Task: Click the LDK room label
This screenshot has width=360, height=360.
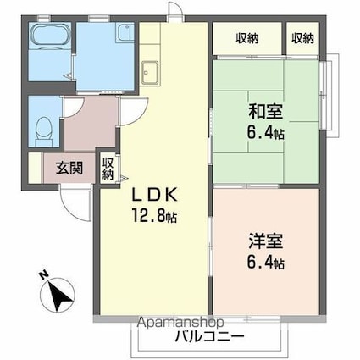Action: [x=152, y=194]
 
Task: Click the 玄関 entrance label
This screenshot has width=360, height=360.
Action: [x=69, y=167]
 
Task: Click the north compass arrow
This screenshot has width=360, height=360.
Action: [x=58, y=296]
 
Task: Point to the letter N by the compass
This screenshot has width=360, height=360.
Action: [x=42, y=274]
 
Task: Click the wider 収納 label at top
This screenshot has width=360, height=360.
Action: [x=247, y=37]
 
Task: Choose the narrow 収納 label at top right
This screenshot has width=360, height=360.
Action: [x=302, y=37]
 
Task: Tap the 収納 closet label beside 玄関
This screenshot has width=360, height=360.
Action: [x=108, y=167]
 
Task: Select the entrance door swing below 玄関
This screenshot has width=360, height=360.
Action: [x=74, y=198]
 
